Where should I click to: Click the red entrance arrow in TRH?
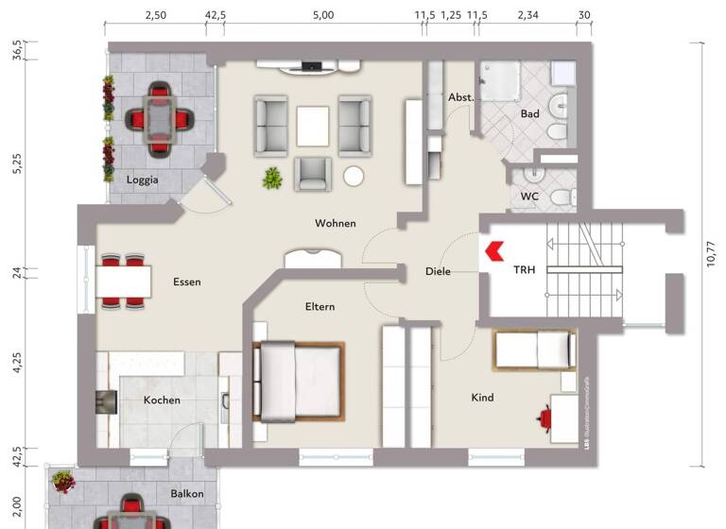point(493,251)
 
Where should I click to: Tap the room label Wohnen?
point(336,224)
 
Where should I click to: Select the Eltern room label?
point(320,307)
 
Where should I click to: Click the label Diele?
point(438,272)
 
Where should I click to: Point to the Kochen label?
point(162,401)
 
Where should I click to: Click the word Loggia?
point(143,179)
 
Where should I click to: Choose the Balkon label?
point(187,494)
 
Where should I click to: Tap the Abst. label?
point(460,97)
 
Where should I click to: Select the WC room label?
point(529,197)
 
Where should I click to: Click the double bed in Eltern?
point(298,381)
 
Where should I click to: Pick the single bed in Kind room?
point(534,351)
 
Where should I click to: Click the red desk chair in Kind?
point(545,417)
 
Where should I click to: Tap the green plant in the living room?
point(273,177)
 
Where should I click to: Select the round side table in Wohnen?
point(354,177)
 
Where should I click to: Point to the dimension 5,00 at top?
point(323,16)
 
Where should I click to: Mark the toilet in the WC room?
point(562,197)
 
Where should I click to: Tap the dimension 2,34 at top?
point(528,16)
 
